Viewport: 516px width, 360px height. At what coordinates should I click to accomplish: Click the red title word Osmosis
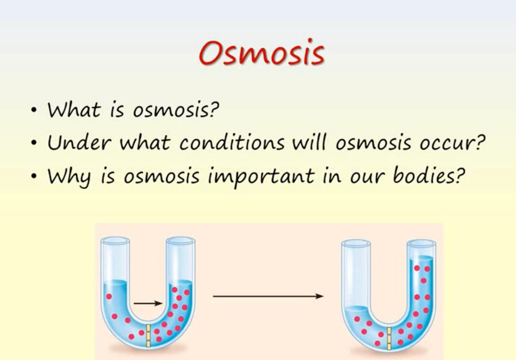tap(262, 53)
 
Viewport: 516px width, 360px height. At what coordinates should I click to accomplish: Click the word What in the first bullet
tap(74, 109)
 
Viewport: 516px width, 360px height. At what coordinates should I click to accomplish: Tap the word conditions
tap(232, 142)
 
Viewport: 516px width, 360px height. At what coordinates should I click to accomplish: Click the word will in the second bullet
tap(309, 142)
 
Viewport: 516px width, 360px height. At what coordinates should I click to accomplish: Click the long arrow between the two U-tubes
tap(268, 296)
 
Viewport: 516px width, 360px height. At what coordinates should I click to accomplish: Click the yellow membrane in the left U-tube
tap(149, 336)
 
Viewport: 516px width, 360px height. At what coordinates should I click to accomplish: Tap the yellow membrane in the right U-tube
tap(389, 338)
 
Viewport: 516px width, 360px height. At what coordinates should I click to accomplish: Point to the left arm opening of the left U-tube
tap(115, 240)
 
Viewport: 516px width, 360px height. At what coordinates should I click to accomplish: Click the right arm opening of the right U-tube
tap(421, 244)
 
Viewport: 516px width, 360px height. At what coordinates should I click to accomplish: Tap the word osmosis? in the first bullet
tap(176, 110)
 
